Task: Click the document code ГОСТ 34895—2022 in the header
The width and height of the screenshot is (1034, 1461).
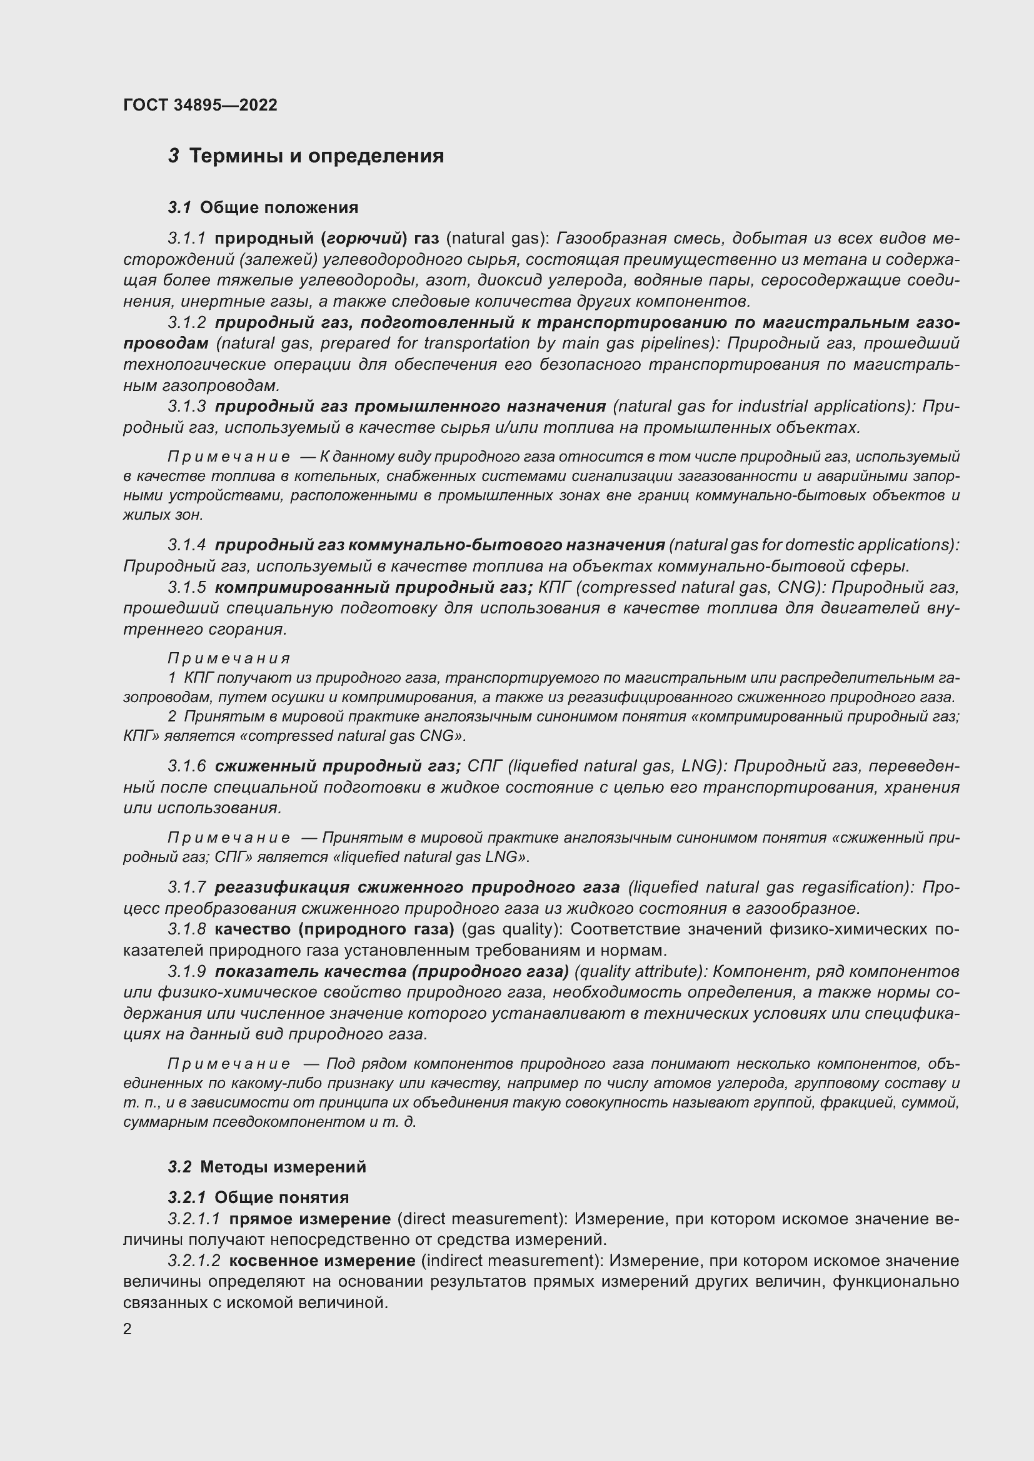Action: point(200,105)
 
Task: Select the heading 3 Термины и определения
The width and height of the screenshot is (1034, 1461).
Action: point(306,156)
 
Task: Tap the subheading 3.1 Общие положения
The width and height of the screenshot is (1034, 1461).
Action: point(263,207)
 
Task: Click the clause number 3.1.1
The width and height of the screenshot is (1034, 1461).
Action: point(186,239)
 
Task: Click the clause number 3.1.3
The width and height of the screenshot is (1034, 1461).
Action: point(186,406)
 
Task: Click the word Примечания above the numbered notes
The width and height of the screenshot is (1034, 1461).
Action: point(229,658)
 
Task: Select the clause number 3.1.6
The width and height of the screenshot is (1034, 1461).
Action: point(186,766)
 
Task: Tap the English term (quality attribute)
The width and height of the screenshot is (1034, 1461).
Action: point(640,972)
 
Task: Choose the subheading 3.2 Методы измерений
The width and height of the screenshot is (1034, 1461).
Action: point(268,1167)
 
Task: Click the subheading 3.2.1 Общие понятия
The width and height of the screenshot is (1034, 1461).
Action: point(259,1197)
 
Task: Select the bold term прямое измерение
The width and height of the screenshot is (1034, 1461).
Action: point(309,1219)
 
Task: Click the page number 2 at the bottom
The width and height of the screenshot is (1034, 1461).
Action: point(128,1329)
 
